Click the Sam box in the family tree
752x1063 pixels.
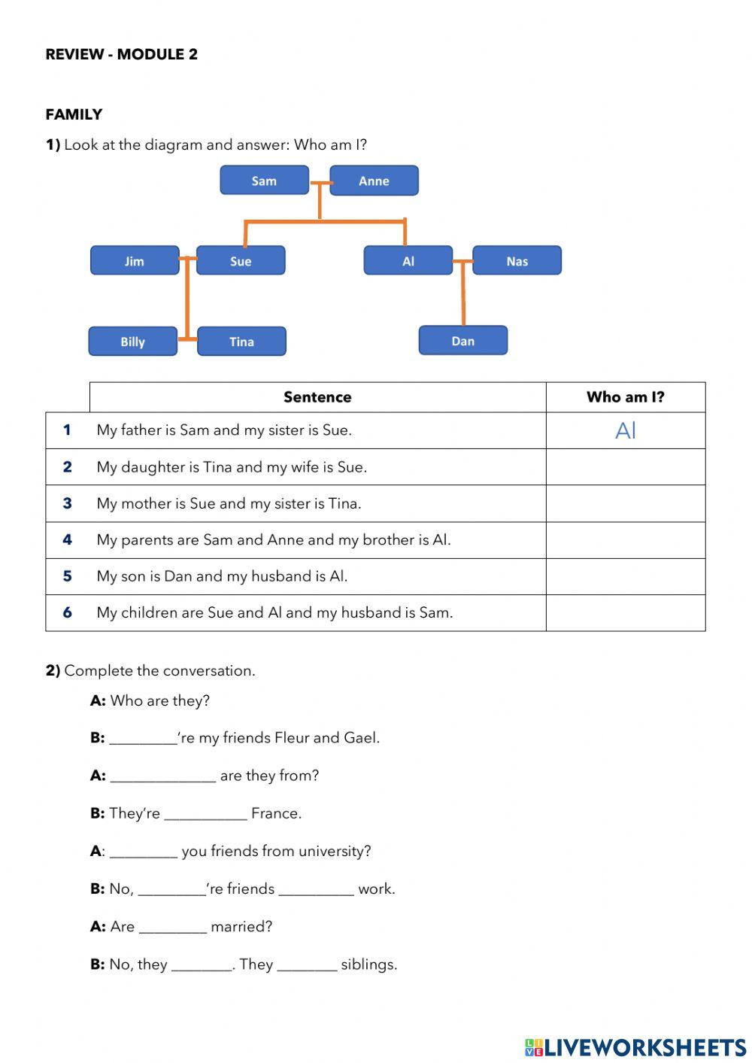264,181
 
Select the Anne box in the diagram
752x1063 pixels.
374,181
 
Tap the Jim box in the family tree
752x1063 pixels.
135,261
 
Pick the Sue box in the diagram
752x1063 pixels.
241,261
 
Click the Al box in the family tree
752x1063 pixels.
408,261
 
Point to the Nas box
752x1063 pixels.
517,261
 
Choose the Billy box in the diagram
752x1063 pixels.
132,342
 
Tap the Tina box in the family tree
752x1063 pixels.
241,342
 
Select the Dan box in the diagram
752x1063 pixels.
463,341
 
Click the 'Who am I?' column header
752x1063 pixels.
626,397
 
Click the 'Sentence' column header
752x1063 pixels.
317,397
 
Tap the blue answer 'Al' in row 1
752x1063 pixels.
626,430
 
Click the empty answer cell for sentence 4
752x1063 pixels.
626,540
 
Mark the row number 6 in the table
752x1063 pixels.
67,612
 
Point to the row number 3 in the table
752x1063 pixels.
67,503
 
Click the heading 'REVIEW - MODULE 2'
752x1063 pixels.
122,54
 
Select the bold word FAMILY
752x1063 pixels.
74,114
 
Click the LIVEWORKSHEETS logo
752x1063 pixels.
635,1047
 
